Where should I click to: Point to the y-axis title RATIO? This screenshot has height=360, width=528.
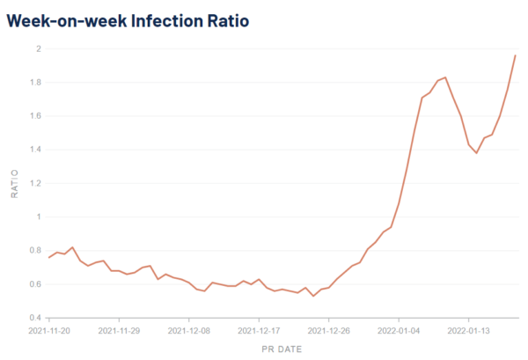pyautogui.click(x=13, y=183)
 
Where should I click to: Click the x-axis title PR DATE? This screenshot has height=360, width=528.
pyautogui.click(x=282, y=349)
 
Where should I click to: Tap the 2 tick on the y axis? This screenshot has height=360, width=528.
pyautogui.click(x=37, y=48)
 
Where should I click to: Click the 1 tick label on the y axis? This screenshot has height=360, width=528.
pyautogui.click(x=38, y=217)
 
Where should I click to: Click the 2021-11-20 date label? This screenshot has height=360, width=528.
pyautogui.click(x=49, y=332)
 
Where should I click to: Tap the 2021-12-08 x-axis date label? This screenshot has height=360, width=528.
pyautogui.click(x=189, y=332)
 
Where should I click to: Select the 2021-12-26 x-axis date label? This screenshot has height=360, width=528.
pyautogui.click(x=328, y=332)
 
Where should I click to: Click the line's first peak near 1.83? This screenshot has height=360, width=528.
pyautogui.click(x=445, y=77)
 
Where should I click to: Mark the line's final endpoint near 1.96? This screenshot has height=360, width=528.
pyautogui.click(x=516, y=55)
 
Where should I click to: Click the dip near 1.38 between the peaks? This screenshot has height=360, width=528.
pyautogui.click(x=476, y=153)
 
